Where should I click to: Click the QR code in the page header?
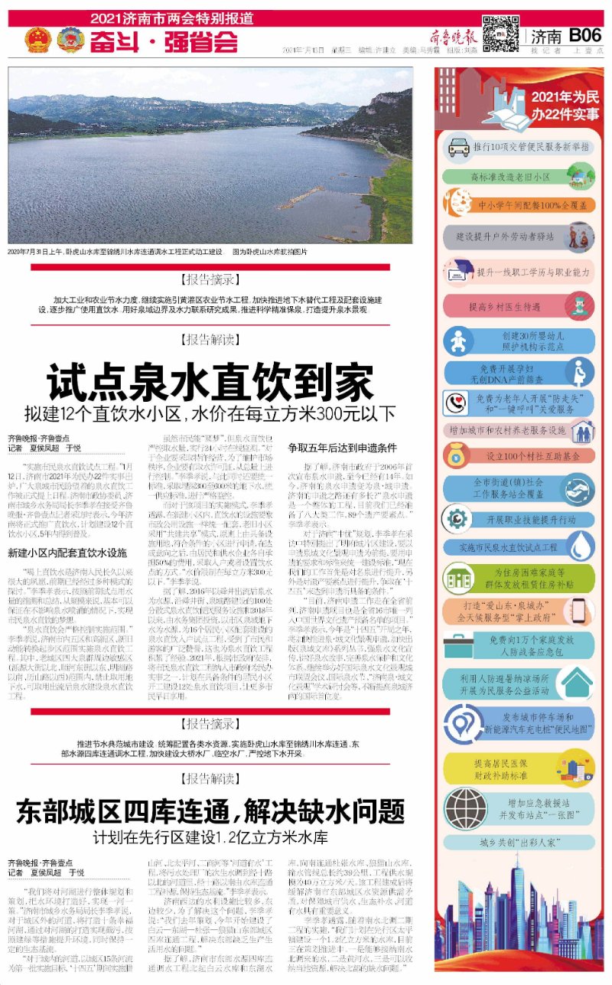point(500,32)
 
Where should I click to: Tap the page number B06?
point(586,34)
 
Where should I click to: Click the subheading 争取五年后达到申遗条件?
point(342,447)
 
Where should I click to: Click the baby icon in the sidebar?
point(457,339)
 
